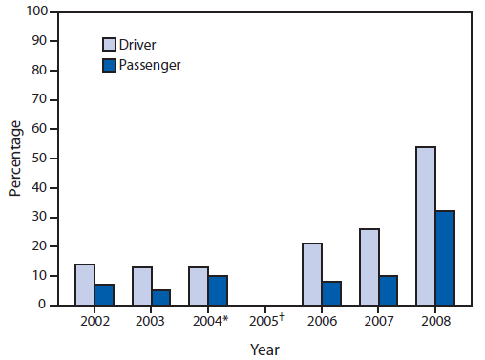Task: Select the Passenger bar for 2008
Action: click(445, 258)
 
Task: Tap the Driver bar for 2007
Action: click(369, 266)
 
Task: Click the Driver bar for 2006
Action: click(312, 274)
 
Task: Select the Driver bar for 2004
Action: click(199, 286)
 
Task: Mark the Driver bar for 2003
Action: click(141, 286)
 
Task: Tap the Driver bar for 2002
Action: click(85, 285)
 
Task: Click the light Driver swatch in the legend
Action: click(111, 44)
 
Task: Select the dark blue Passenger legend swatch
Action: click(111, 65)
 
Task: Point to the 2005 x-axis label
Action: click(265, 321)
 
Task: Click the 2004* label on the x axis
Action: click(209, 321)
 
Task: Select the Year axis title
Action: click(264, 349)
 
